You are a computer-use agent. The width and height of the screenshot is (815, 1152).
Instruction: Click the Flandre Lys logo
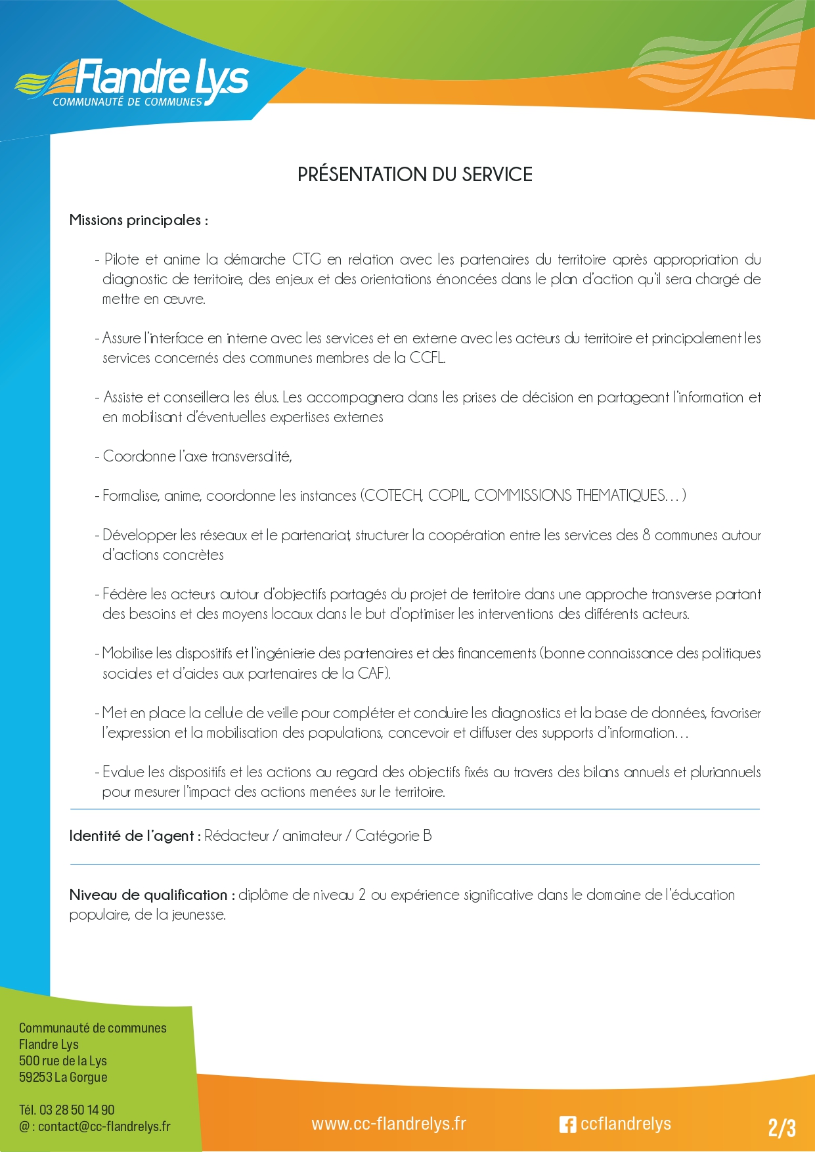tap(131, 83)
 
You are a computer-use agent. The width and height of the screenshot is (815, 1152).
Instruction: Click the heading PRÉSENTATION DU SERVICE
tap(414, 175)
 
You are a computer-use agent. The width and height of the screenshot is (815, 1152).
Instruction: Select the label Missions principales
tap(138, 221)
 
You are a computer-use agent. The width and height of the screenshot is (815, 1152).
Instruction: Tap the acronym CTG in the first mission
tap(307, 259)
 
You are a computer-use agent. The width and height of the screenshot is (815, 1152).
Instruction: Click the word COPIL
tap(448, 496)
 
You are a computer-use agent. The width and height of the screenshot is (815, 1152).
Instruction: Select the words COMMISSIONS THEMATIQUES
tap(569, 496)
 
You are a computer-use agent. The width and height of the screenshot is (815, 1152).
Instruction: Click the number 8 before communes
tap(647, 535)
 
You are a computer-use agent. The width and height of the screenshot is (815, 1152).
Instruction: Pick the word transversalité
tap(251, 456)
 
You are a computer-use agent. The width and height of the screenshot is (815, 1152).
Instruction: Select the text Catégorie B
tap(393, 836)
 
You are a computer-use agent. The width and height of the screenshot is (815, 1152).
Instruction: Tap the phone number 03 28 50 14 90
tap(77, 1110)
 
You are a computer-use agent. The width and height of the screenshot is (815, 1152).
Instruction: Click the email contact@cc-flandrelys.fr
tap(104, 1126)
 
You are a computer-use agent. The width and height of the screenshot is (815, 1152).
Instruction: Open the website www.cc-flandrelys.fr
tap(389, 1124)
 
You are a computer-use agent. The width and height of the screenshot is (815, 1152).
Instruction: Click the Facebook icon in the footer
tap(567, 1124)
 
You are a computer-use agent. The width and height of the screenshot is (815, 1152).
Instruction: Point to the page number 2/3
tap(782, 1128)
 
